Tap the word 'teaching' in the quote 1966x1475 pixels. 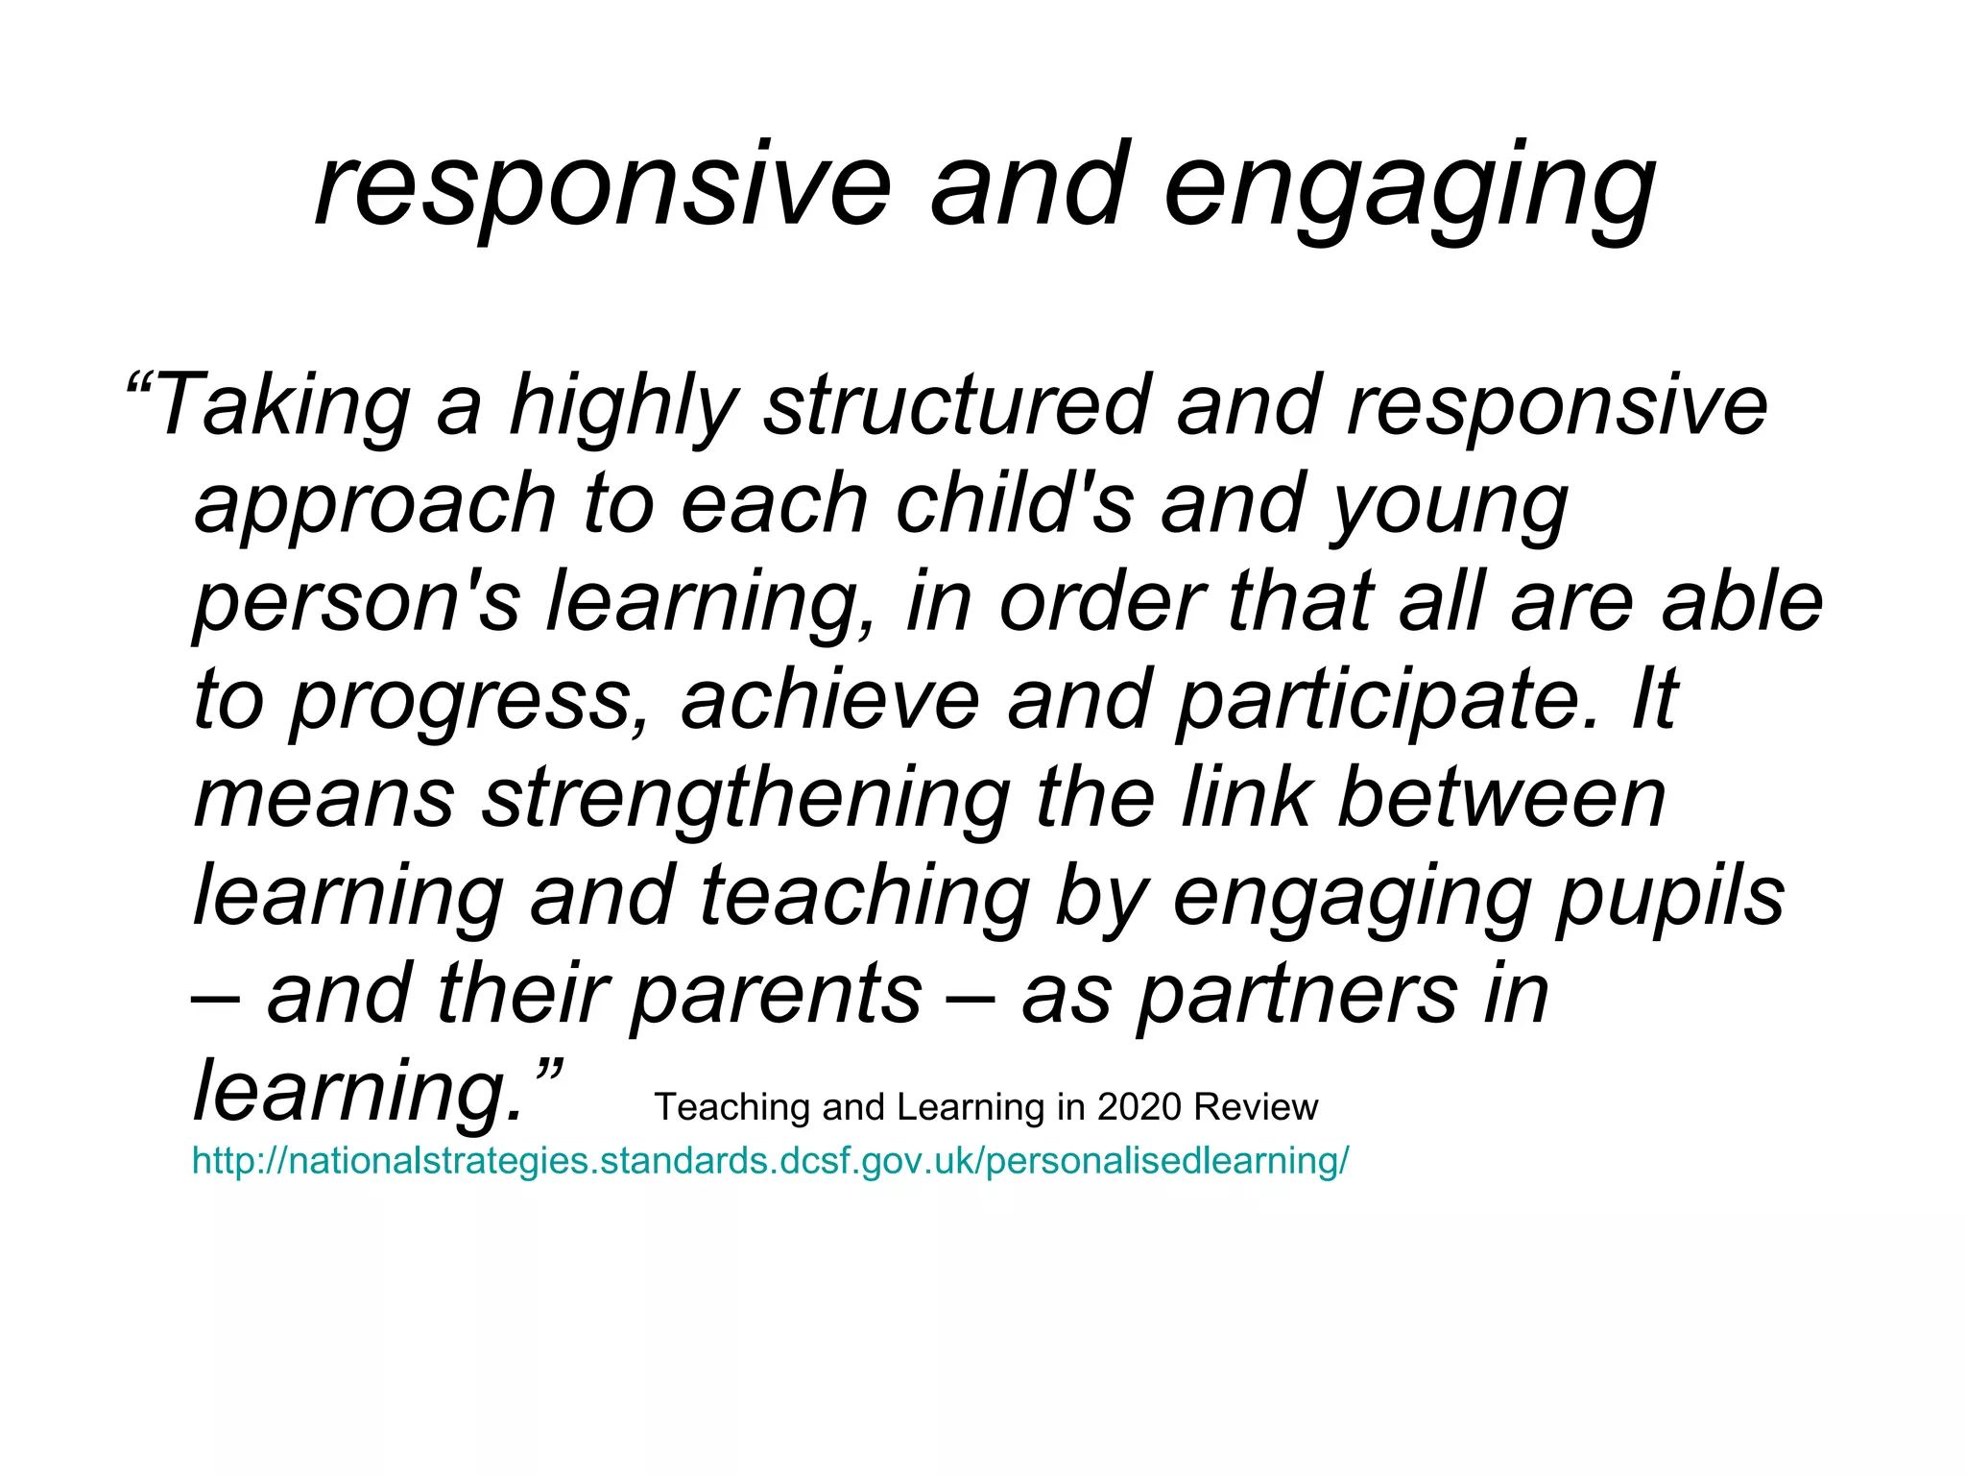coord(865,898)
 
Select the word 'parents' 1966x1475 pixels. coord(777,996)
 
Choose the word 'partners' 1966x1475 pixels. coord(1297,996)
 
